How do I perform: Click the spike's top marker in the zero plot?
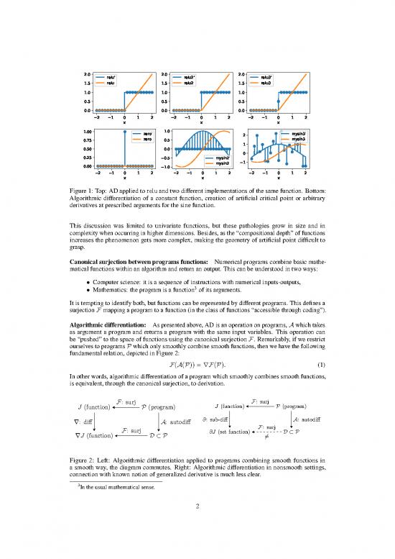click(x=125, y=132)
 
